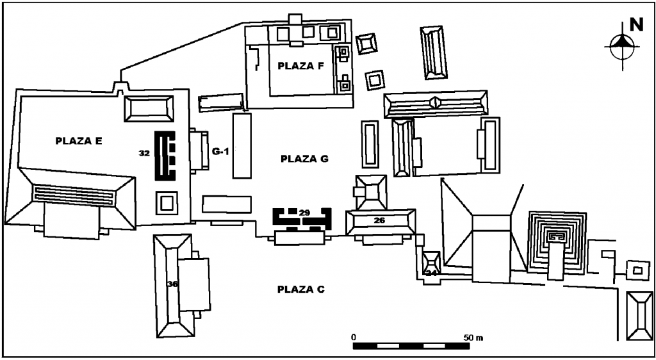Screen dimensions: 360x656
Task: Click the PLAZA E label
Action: tap(79, 141)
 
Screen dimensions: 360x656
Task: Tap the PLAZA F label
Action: tap(300, 65)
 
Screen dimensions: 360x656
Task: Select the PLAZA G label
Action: tap(304, 159)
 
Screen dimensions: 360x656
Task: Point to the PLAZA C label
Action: tap(300, 289)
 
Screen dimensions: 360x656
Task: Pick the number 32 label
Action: tap(144, 153)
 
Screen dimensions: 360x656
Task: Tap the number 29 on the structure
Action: tap(304, 212)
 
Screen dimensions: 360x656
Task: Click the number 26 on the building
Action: tap(379, 221)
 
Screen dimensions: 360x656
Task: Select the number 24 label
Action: tap(431, 273)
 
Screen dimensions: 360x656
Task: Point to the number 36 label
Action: tap(172, 285)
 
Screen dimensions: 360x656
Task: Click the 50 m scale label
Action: tap(474, 336)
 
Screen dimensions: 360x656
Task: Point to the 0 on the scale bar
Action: tap(354, 336)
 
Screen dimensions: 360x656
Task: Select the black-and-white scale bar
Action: tap(411, 346)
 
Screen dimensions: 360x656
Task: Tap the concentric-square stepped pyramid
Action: tap(557, 240)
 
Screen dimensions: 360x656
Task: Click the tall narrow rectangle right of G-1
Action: tap(242, 145)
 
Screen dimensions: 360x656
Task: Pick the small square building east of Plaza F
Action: tap(367, 44)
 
